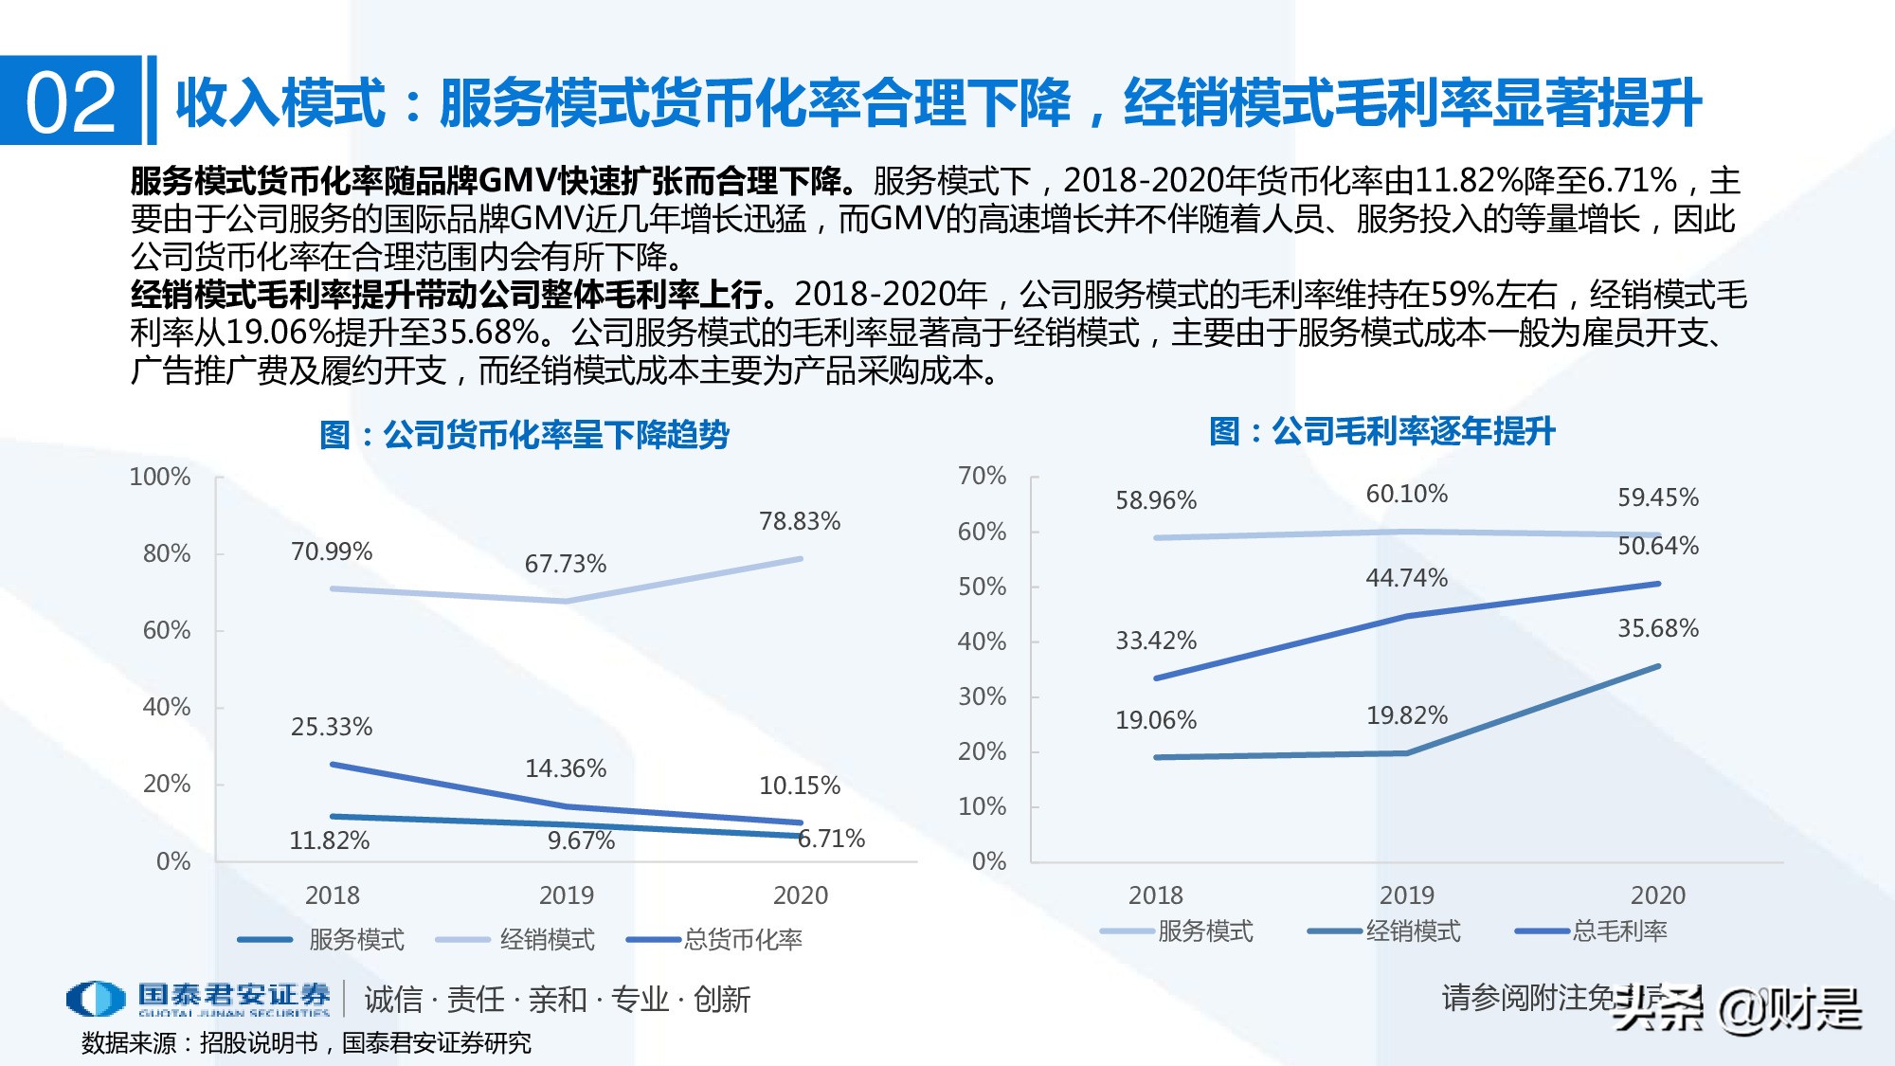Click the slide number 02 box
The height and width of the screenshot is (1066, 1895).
[x=70, y=101]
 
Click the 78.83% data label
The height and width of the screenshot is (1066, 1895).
[x=799, y=521]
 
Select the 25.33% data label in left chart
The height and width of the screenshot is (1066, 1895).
[x=331, y=727]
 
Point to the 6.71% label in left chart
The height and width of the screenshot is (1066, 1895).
[x=831, y=839]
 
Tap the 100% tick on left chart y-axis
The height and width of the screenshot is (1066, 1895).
[x=159, y=477]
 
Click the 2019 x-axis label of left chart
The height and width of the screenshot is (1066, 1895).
[x=566, y=895]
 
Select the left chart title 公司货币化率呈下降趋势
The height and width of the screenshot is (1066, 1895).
[x=524, y=435]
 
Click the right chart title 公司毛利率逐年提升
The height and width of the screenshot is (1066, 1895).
[x=1381, y=431]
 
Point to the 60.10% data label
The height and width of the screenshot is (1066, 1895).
[x=1406, y=494]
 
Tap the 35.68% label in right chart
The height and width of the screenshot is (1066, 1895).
[x=1657, y=628]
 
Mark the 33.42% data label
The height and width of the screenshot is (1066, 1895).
[x=1155, y=641]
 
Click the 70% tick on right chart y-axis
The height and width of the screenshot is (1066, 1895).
[x=982, y=476]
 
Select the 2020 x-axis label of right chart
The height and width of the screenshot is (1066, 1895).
[x=1657, y=895]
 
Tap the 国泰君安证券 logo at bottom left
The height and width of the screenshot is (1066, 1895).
[x=199, y=999]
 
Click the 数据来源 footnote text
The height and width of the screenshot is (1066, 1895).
[x=305, y=1043]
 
